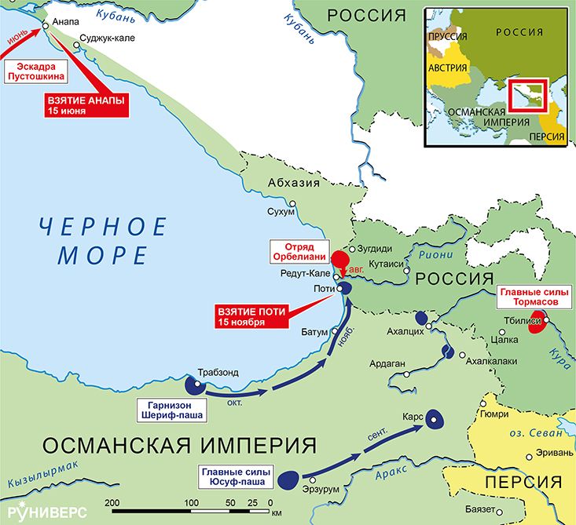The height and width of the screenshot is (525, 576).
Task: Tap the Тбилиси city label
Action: (x=523, y=322)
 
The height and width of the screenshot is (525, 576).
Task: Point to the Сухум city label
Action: (x=281, y=212)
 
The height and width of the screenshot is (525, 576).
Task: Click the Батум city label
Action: (x=314, y=332)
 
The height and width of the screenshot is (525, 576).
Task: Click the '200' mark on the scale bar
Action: (x=112, y=502)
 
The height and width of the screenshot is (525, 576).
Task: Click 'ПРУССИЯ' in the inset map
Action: (x=449, y=36)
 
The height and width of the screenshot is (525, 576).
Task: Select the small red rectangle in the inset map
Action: (x=523, y=95)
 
